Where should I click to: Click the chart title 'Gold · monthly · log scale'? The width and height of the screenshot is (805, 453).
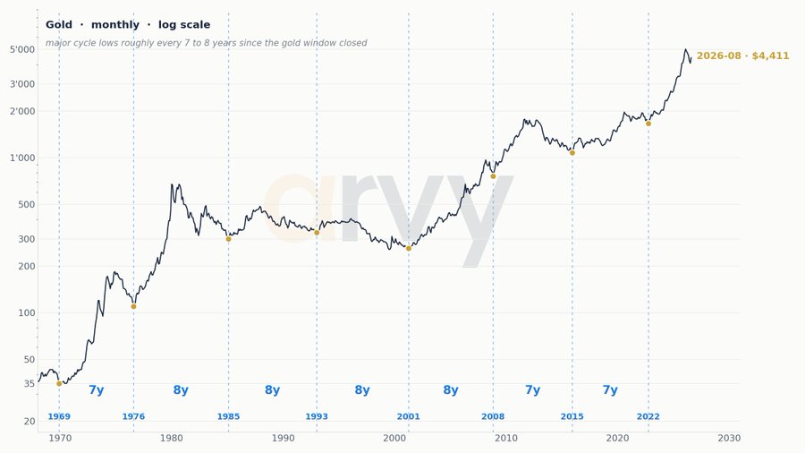(128, 25)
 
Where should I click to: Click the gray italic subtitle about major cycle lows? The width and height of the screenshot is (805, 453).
(207, 43)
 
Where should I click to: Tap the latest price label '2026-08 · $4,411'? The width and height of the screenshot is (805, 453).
(743, 56)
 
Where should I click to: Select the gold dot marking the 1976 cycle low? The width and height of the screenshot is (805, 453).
(133, 306)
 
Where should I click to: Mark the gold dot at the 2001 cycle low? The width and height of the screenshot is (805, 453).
(409, 249)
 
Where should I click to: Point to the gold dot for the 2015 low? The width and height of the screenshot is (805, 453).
(572, 153)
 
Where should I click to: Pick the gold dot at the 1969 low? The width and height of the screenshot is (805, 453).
(59, 384)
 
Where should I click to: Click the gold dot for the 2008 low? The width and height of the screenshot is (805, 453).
(494, 176)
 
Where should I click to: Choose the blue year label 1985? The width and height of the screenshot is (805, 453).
(228, 416)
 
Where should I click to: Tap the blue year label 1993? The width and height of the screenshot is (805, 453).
(317, 416)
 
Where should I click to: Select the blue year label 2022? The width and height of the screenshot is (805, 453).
(648, 416)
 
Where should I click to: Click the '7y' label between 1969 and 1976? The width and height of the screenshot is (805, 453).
(97, 389)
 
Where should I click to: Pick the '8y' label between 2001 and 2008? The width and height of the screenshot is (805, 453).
(451, 389)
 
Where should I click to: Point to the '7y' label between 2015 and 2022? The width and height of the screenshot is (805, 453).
(610, 389)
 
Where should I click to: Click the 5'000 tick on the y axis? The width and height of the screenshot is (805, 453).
(22, 50)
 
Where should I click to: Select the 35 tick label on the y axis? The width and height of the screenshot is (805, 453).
(30, 384)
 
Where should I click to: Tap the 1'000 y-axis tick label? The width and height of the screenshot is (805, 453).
(22, 158)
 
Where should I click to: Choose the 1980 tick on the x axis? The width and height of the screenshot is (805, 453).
(172, 438)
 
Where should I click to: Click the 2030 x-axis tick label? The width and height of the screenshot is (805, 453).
(730, 438)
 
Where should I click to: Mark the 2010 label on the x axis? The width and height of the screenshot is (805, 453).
(506, 438)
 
